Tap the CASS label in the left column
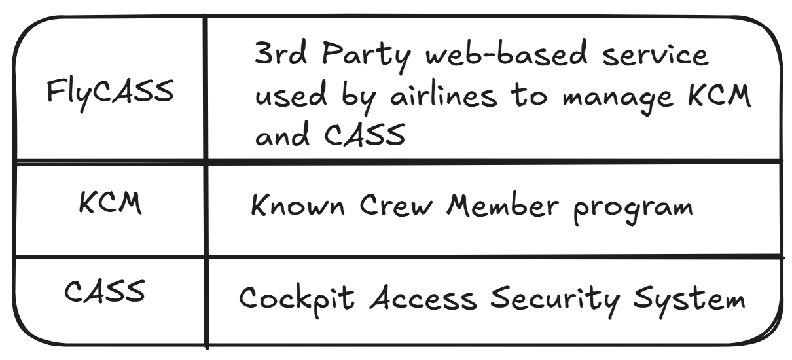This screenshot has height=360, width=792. (x=105, y=290)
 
